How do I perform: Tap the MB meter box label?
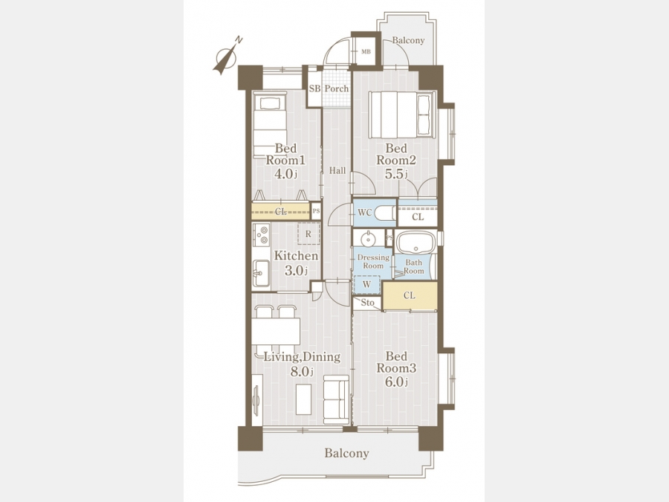tap(366, 51)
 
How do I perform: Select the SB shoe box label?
tap(314, 89)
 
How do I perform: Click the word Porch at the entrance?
tap(337, 89)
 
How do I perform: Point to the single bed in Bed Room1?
tap(270, 125)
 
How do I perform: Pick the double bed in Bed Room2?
tap(402, 115)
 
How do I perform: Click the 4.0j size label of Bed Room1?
tap(286, 174)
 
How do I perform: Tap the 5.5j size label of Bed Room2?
tap(396, 174)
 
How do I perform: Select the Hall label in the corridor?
tap(337, 171)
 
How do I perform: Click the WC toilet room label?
tap(365, 213)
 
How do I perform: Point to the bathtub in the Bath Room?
tap(415, 242)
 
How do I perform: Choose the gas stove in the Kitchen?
tap(261, 234)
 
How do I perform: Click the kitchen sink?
tap(261, 273)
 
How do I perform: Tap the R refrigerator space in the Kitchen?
tap(308, 234)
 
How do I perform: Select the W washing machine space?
tap(366, 285)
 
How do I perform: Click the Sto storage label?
tap(367, 303)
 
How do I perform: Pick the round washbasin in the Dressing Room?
tap(367, 238)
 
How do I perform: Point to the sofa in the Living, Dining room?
tap(337, 399)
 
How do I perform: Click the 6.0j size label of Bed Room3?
tap(396, 382)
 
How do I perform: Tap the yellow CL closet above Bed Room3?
tap(410, 296)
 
